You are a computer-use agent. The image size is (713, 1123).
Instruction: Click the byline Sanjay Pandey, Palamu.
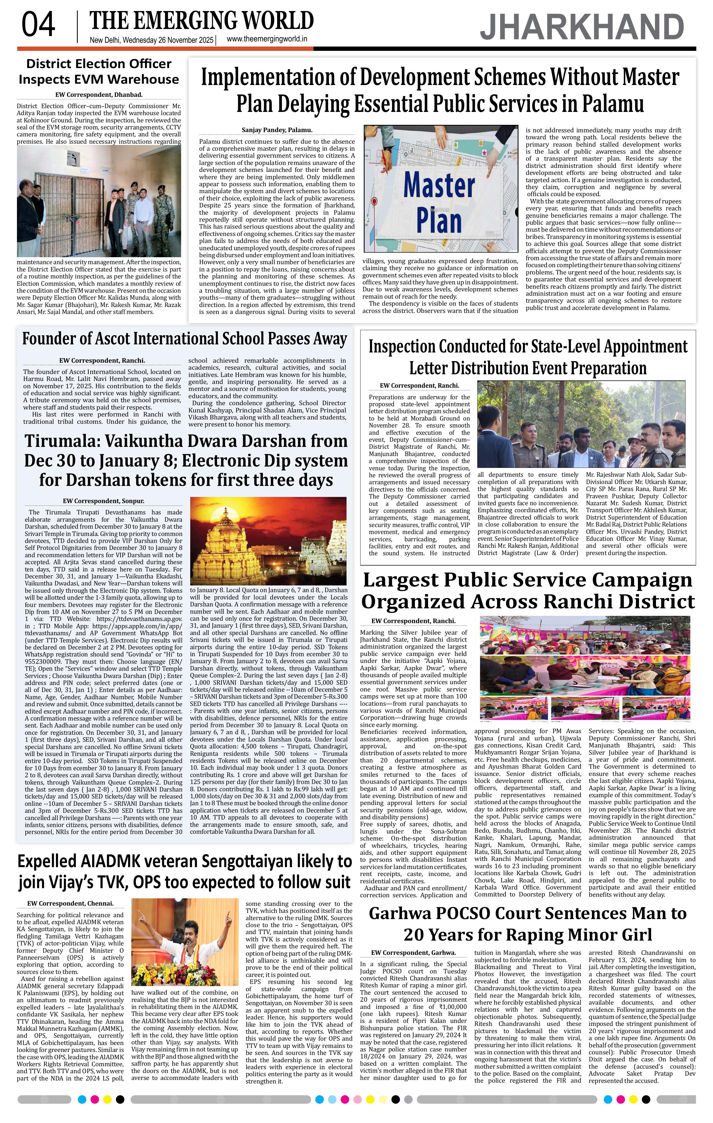[277, 130]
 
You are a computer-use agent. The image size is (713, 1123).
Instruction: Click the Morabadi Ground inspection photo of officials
[581, 424]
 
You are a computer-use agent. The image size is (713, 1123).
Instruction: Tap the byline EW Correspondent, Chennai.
[70, 903]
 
